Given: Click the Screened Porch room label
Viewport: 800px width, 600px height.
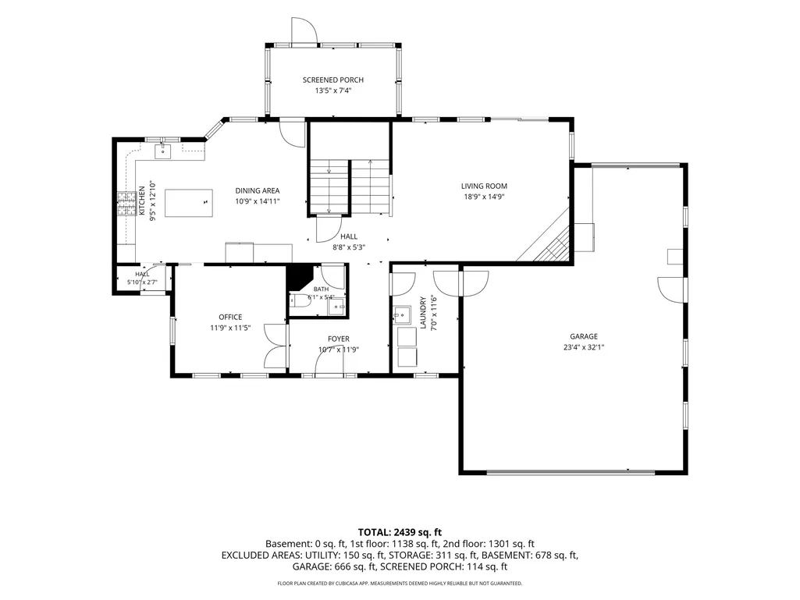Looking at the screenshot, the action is point(332,80).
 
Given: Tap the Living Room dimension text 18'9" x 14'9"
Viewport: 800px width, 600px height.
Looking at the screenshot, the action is point(484,197).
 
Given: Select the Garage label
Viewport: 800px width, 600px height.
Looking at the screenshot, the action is point(584,337).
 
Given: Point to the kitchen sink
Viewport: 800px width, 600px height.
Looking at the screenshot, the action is point(163,151).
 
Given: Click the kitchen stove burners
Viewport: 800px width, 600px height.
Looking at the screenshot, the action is point(124,203).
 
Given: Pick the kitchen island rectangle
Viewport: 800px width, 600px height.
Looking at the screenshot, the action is point(189,203).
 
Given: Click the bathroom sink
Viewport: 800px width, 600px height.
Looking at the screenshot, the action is point(336,307).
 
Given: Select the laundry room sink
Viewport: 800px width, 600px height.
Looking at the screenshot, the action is point(403,315).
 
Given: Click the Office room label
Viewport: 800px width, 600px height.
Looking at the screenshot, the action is point(230,318).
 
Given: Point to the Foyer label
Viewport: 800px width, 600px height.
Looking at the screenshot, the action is point(339,339).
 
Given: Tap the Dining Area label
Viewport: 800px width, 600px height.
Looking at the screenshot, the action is point(257,191).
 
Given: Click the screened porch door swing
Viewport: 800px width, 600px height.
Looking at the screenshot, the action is point(304,30).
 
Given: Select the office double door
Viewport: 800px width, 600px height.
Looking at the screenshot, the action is point(276,346).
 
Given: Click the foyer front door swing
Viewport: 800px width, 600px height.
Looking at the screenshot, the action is point(329,364).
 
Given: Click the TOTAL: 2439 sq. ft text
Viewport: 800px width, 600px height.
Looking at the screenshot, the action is point(400,533).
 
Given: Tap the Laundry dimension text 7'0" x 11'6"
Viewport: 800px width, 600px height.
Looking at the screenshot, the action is point(434,313).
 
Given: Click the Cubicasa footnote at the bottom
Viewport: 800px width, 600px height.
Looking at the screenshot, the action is point(400,583).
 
